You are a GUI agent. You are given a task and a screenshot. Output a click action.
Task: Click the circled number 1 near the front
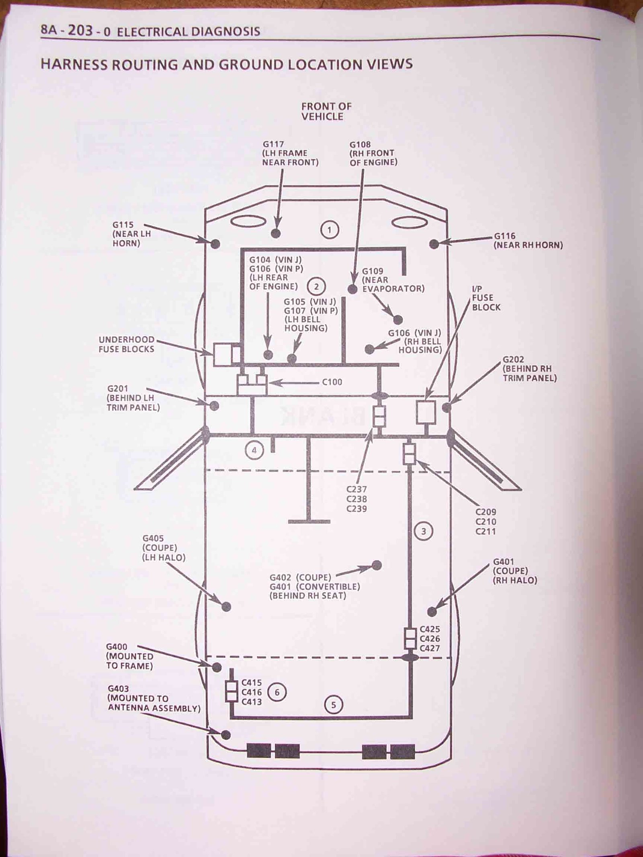click(330, 230)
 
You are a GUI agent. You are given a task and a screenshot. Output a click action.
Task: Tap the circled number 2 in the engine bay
click(316, 286)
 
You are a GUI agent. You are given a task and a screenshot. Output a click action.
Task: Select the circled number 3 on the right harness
click(423, 532)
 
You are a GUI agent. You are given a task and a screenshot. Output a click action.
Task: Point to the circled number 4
click(254, 450)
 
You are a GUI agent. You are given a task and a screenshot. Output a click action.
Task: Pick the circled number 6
click(276, 692)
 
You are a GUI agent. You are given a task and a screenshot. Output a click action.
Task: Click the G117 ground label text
click(273, 144)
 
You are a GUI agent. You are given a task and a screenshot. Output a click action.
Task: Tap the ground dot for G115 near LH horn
click(215, 243)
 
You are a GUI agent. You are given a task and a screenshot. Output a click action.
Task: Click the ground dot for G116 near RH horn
click(434, 244)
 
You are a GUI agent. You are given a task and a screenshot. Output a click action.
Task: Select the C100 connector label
click(332, 382)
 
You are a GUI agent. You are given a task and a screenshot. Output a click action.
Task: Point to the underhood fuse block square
click(222, 354)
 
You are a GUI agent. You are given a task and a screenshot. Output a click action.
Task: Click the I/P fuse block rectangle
click(426, 412)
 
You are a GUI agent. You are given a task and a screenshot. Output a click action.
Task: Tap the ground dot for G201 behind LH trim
click(215, 406)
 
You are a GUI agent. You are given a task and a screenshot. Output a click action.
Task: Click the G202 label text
click(513, 360)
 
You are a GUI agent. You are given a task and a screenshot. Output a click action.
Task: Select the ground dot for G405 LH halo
click(226, 607)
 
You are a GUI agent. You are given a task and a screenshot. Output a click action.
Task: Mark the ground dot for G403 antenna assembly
click(226, 735)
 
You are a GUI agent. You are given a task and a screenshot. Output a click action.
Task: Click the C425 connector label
click(430, 629)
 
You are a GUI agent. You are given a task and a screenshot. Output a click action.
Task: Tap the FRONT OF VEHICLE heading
click(326, 111)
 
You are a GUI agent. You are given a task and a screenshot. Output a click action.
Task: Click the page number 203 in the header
click(81, 31)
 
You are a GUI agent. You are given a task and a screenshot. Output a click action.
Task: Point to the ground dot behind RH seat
click(377, 565)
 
